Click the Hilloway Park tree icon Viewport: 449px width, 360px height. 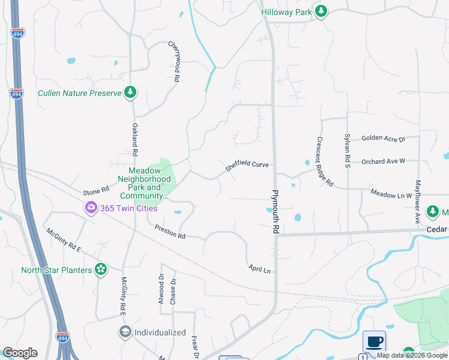tap(321, 11)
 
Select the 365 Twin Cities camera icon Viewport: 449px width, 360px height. tap(91, 208)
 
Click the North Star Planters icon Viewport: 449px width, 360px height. tap(101, 269)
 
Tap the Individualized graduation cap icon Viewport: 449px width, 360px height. tap(125, 332)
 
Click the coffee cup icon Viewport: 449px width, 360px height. tap(374, 341)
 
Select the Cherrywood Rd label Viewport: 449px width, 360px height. tap(174, 61)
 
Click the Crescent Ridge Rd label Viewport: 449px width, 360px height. tap(325, 161)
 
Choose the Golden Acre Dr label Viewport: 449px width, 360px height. tap(384, 139)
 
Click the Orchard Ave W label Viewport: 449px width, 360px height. tap(384, 161)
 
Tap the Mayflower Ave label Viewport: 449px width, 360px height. tap(417, 202)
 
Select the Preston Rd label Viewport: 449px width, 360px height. tap(170, 232)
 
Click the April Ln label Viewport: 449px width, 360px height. tap(259, 269)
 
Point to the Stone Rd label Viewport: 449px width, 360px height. tap(96, 190)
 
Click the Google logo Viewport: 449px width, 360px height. tap(20, 353)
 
